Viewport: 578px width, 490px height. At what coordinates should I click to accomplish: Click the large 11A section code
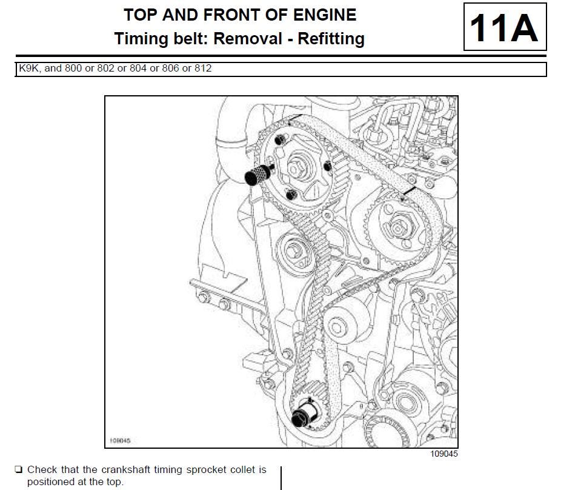504,27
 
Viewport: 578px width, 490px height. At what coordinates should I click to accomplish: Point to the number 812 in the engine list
203,69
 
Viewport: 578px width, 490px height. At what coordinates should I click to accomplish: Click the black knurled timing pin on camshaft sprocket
256,175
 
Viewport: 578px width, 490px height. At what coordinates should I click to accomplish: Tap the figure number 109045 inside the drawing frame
120,441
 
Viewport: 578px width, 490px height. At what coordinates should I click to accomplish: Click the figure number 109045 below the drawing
444,454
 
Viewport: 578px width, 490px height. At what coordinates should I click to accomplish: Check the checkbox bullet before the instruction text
19,469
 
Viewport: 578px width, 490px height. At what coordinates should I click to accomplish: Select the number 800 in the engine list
73,69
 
